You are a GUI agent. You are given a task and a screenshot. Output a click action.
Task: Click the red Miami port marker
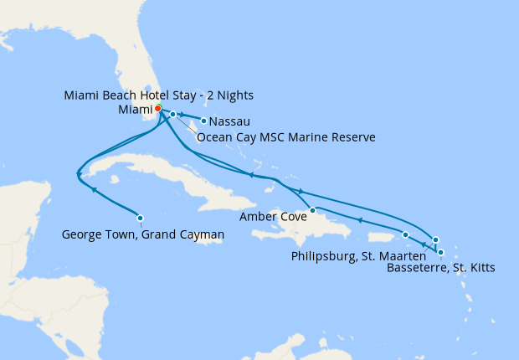pyautogui.click(x=158, y=108)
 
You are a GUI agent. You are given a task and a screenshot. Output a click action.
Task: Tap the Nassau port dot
pyautogui.click(x=203, y=121)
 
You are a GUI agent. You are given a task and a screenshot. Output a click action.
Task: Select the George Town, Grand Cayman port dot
pyautogui.click(x=140, y=218)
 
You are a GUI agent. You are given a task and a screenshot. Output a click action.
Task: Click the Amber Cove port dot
pyautogui.click(x=312, y=210)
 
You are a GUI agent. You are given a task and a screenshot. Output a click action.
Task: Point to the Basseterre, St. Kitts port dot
pyautogui.click(x=441, y=252)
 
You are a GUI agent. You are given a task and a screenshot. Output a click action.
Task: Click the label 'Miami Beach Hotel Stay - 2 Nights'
pyautogui.click(x=158, y=95)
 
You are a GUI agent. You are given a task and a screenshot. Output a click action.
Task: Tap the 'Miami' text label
pyautogui.click(x=134, y=109)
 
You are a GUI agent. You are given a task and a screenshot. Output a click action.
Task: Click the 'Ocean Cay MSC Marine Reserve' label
pyautogui.click(x=285, y=136)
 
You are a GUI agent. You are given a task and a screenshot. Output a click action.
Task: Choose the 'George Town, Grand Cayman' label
pyautogui.click(x=143, y=236)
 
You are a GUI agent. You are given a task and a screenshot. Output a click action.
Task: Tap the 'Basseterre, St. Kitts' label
pyautogui.click(x=441, y=269)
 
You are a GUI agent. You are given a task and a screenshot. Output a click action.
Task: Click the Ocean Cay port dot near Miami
pyautogui.click(x=172, y=114)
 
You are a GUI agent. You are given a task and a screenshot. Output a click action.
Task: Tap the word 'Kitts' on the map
pyautogui.click(x=480, y=269)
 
